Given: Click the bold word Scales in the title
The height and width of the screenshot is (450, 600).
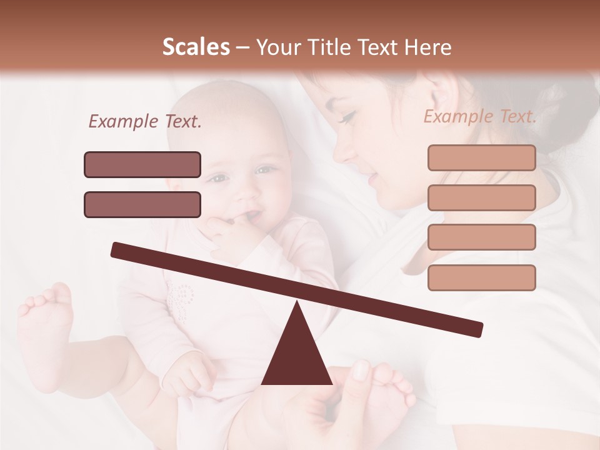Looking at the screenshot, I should [196, 47].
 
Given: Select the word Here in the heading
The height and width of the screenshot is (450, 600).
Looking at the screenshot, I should [428, 47].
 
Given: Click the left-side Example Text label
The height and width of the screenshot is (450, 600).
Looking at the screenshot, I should [145, 122].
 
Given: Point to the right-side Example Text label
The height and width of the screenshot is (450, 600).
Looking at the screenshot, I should [480, 116].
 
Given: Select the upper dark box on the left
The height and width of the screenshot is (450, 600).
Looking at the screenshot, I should [142, 164].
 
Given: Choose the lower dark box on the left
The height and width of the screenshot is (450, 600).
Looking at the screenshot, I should [142, 204].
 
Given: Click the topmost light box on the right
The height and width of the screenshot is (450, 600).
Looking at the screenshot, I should [481, 157].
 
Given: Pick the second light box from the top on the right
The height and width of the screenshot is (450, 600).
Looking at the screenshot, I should [481, 197].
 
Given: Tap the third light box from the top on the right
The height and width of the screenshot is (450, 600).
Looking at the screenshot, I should [481, 237].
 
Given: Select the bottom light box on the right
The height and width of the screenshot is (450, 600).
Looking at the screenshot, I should [481, 277].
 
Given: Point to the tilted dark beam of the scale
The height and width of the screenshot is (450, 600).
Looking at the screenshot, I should [296, 289].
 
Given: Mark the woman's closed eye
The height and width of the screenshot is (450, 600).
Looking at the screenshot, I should [348, 117].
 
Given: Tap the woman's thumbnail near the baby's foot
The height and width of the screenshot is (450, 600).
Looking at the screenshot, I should [361, 370].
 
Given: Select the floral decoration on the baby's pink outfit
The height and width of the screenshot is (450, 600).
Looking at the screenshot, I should [181, 297].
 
